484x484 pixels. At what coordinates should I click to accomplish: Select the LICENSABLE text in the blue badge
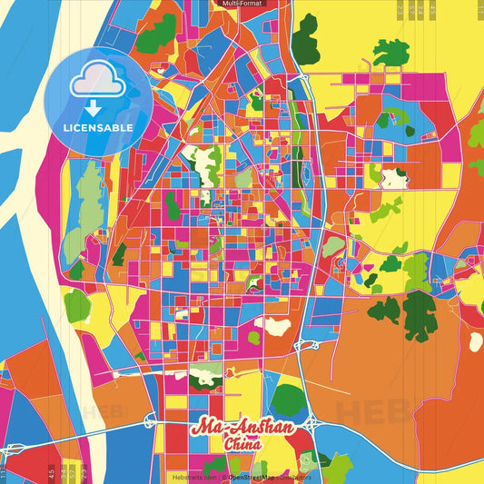pyautogui.click(x=98, y=128)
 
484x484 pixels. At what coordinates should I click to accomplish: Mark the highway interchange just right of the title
pyautogui.click(x=308, y=423)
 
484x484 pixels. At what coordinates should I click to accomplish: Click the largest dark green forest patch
pyautogui.click(x=419, y=313)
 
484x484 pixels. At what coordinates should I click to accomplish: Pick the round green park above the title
pyautogui.click(x=289, y=398)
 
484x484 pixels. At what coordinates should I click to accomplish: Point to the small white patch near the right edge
pyautogui.click(x=475, y=342)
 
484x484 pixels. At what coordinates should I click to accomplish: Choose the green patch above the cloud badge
pyautogui.click(x=155, y=32)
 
